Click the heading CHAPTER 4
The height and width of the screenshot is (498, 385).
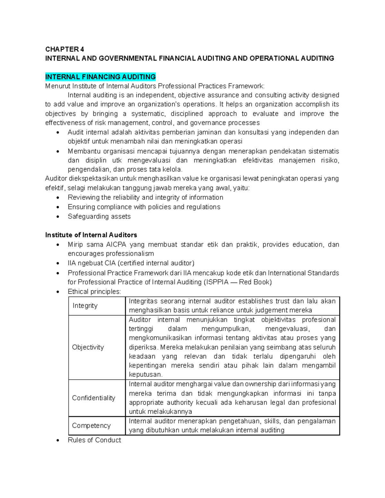[x=64, y=49]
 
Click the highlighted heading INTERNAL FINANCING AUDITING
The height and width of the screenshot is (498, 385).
[x=100, y=77]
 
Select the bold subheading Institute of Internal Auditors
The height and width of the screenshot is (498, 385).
[x=91, y=235]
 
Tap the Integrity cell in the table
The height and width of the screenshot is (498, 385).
[x=85, y=306]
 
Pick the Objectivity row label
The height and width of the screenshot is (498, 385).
[x=88, y=347]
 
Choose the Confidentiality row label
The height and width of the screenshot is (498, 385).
[x=93, y=398]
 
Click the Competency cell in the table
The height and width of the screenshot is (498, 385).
[x=91, y=426]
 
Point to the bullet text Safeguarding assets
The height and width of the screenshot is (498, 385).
[x=99, y=216]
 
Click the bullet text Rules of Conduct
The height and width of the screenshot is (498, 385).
[x=94, y=440]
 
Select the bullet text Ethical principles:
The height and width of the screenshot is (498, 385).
[x=94, y=291]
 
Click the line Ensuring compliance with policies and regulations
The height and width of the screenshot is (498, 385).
[x=144, y=207]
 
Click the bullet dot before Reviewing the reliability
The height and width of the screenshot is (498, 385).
[x=57, y=198]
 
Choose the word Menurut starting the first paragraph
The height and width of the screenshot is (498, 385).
[x=58, y=86]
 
